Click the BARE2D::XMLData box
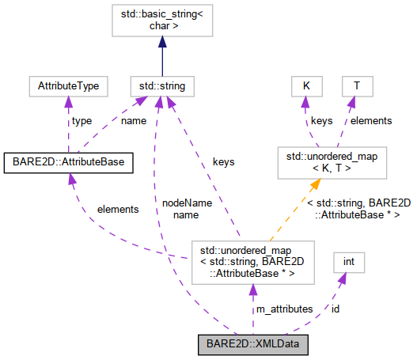(252, 345)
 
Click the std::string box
(161, 85)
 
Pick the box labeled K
(304, 85)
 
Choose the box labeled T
(357, 85)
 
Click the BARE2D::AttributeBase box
(68, 162)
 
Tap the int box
(348, 262)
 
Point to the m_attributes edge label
(283, 309)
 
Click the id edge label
(335, 309)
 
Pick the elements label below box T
(370, 120)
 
